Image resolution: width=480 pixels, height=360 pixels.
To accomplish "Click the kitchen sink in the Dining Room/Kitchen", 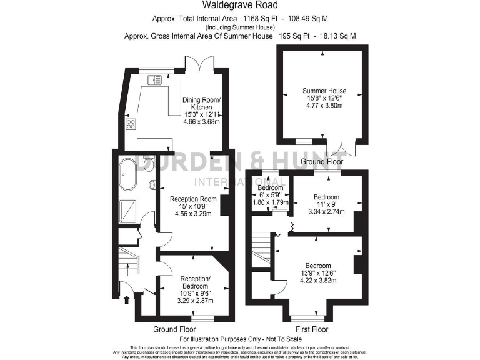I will click(154, 79).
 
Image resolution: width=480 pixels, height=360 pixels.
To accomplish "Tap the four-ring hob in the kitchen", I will click(131, 124).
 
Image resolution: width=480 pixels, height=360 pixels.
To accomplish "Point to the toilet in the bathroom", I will click(149, 164).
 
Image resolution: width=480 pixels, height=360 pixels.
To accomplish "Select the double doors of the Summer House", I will click(342, 147).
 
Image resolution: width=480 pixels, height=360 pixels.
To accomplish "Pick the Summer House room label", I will click(324, 91).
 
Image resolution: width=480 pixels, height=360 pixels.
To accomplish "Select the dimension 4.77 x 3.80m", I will click(324, 107).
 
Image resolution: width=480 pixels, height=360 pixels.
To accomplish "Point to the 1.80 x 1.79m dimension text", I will click(271, 202).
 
